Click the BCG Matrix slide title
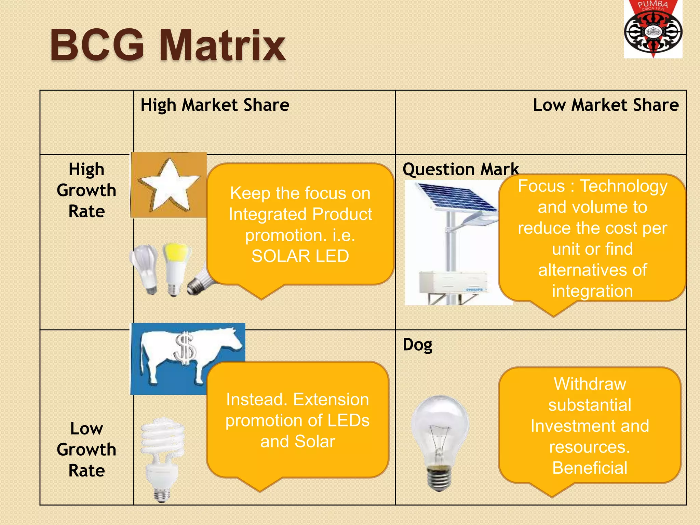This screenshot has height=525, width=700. coord(167,45)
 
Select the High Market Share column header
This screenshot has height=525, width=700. coord(215,105)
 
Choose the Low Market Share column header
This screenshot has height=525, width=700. coord(606,105)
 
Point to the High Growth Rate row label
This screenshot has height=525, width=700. coord(86,190)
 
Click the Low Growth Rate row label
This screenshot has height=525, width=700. coord(86,449)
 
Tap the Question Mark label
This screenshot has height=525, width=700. coord(460,169)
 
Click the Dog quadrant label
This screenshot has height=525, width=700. coord(417,345)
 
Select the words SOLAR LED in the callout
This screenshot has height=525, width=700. coord(300,256)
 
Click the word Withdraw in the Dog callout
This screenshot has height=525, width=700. coord(590,384)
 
